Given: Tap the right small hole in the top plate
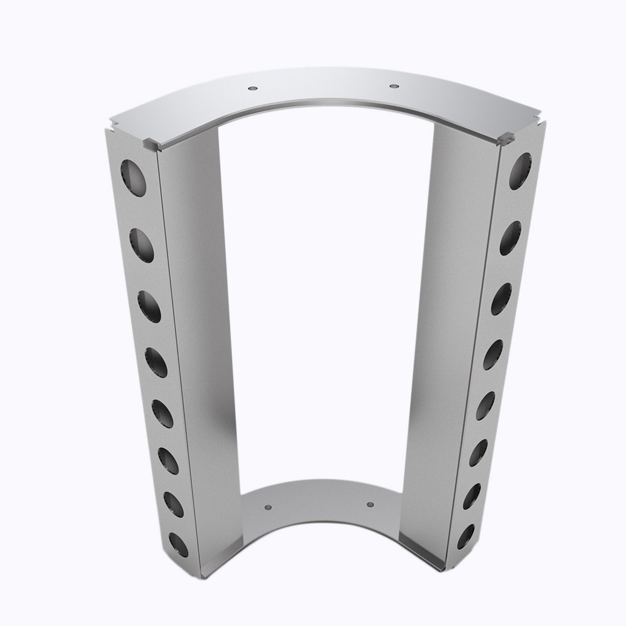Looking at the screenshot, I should [x=393, y=84].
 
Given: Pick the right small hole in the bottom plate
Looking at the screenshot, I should [x=370, y=504].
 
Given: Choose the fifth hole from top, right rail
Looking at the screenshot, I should [x=487, y=406].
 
